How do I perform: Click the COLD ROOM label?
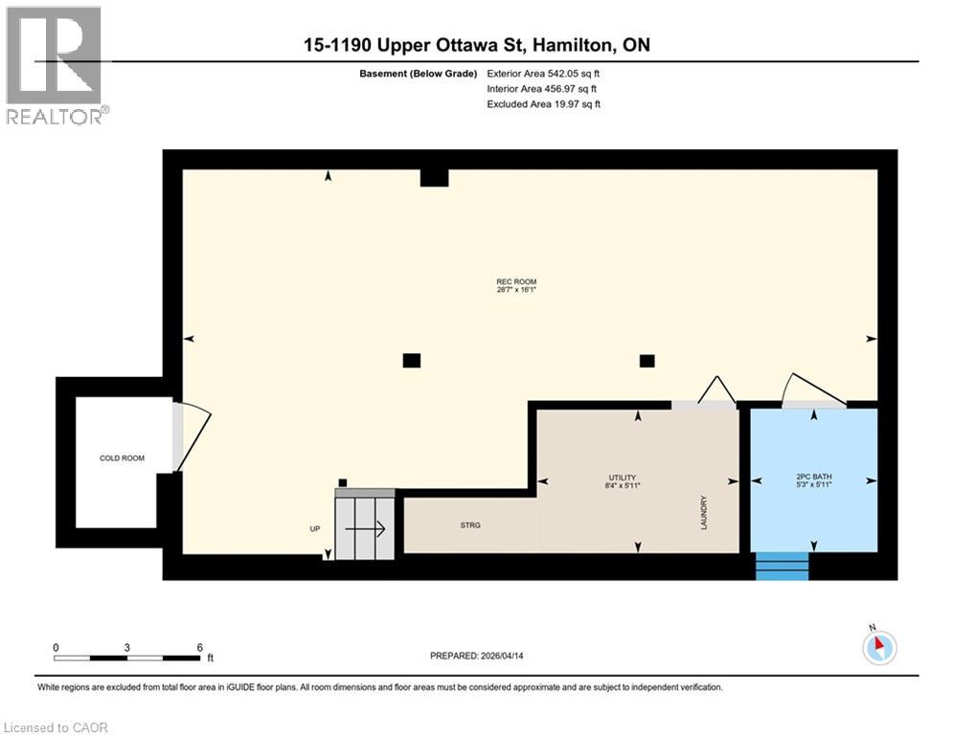pos(122,458)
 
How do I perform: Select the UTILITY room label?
pos(622,478)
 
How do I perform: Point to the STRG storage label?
pos(469,525)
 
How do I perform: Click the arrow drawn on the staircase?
pos(365,528)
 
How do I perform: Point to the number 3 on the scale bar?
pos(127,647)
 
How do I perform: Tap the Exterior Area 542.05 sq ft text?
pos(543,73)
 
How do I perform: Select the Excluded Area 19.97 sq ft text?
pos(543,103)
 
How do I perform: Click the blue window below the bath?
pos(782,566)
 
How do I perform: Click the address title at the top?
pos(476,45)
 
